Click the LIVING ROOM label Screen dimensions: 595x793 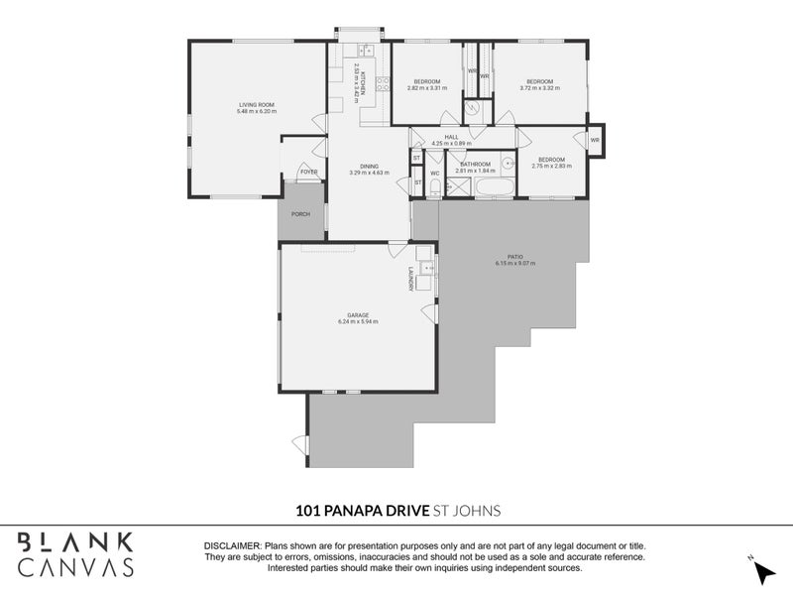(256, 105)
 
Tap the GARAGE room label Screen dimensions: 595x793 (358, 315)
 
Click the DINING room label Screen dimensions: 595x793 (369, 167)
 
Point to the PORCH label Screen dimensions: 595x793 (300, 214)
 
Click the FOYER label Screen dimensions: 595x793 (309, 172)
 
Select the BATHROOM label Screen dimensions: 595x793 (476, 165)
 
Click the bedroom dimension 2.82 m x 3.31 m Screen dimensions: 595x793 (427, 88)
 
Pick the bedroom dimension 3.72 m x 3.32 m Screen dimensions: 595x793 (539, 88)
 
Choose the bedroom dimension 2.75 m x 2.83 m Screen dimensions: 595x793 (552, 167)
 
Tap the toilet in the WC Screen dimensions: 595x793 (435, 185)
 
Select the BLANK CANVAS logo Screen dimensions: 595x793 (76, 554)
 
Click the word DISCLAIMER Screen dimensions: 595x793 (233, 546)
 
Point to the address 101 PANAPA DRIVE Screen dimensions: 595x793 (362, 511)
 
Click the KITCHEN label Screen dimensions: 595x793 (364, 82)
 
